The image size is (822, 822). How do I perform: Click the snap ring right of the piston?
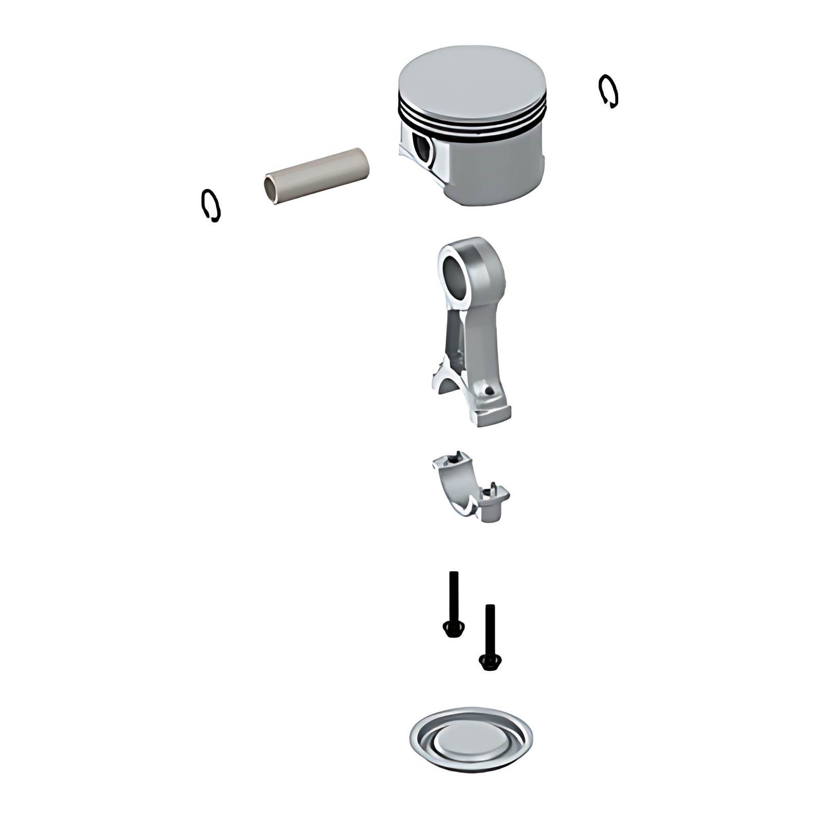608,91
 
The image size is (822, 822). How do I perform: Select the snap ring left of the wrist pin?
211,206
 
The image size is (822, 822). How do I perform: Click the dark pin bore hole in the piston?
424,149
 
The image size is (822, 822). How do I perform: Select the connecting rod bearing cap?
470,488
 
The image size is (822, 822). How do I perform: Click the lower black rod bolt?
490,637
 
